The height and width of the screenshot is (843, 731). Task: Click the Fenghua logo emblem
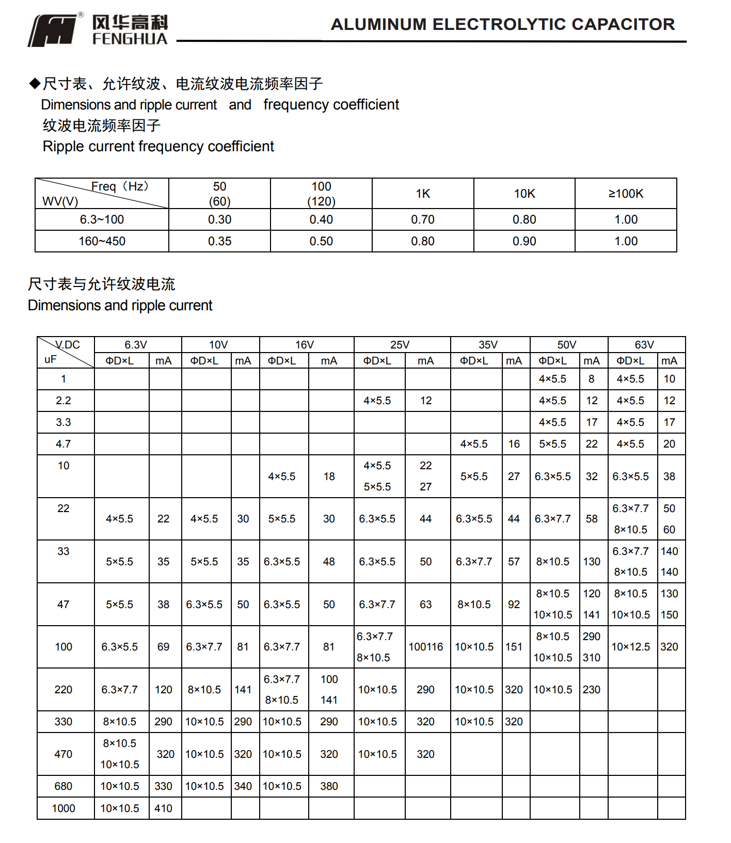click(54, 31)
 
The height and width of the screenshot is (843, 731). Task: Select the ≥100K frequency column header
click(626, 194)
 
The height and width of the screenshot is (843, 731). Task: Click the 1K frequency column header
click(423, 194)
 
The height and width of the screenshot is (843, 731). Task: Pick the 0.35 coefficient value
click(219, 241)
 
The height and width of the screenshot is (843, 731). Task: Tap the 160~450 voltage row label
click(102, 241)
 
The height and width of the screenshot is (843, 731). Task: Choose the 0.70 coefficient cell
click(423, 219)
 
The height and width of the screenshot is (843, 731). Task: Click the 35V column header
click(488, 345)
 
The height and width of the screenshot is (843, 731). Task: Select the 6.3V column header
click(136, 345)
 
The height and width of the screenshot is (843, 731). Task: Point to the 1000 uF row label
click(63, 808)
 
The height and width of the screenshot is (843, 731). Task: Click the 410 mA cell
click(163, 808)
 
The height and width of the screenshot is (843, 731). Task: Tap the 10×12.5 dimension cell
click(631, 647)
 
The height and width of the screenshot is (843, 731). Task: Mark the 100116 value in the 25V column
click(426, 647)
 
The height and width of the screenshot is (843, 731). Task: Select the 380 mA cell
click(329, 786)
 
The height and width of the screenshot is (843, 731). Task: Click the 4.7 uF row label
click(63, 444)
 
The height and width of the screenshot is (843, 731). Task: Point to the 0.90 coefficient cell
click(524, 241)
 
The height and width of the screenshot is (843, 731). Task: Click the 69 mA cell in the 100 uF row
click(163, 647)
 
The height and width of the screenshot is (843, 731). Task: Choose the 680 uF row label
click(63, 786)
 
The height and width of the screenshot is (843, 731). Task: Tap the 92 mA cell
click(514, 605)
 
